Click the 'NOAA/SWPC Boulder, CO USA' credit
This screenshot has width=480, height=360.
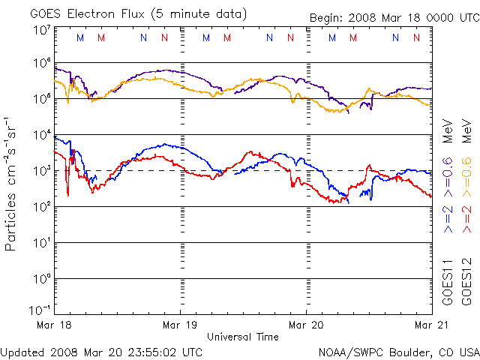click(x=398, y=351)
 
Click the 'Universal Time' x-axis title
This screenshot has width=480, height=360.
click(x=242, y=337)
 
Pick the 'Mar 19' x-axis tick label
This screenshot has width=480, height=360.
click(x=180, y=325)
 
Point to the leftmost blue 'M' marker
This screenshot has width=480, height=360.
click(x=80, y=37)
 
